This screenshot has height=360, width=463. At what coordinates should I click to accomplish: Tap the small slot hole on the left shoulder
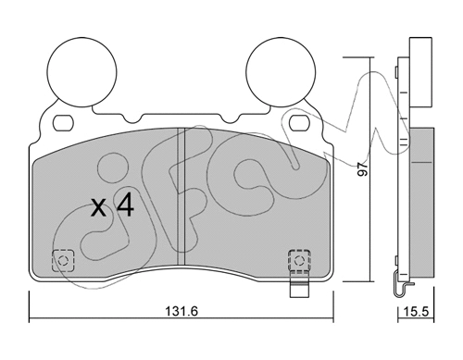(65, 122)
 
